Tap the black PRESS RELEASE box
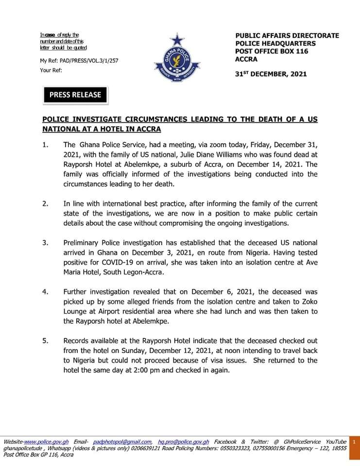(x=75, y=95)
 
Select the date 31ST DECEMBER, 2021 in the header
(x=271, y=74)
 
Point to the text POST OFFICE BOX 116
(x=272, y=51)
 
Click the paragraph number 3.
(x=45, y=242)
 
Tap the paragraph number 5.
(x=45, y=341)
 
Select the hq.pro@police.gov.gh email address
(x=184, y=442)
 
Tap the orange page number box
(x=355, y=442)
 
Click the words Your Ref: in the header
(x=51, y=70)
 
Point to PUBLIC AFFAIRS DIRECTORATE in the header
(x=287, y=35)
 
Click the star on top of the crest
(x=177, y=38)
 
